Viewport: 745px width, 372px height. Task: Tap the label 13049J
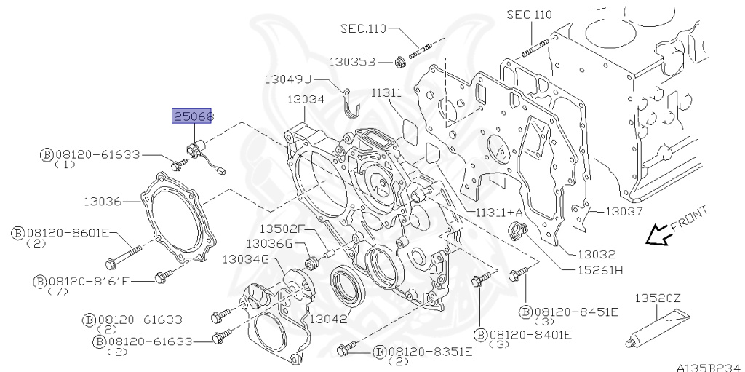tap(287, 79)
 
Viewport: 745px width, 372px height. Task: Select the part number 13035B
tap(351, 63)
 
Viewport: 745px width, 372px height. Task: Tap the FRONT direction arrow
tap(661, 234)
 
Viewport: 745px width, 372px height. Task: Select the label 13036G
tap(268, 243)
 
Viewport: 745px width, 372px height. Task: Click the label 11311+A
tap(501, 212)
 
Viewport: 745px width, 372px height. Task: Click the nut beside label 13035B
tap(399, 63)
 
